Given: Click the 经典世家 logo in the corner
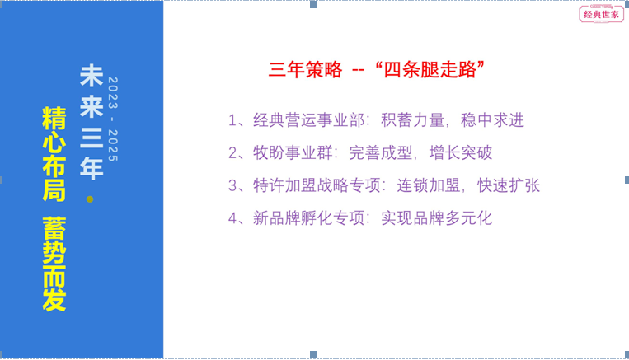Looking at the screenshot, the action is [601, 14].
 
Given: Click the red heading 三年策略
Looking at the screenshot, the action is [306, 70].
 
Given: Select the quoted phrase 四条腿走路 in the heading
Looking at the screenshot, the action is [430, 70].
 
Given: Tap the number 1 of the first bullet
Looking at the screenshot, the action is [232, 120].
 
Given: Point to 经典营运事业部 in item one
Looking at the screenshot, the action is [308, 120].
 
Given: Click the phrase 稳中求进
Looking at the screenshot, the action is [492, 120].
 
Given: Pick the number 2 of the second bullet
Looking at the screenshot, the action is [232, 152].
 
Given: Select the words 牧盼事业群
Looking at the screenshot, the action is [293, 152].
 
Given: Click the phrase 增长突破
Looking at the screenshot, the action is [461, 152].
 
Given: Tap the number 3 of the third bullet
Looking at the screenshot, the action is [232, 185].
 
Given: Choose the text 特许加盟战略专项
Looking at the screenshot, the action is [317, 185].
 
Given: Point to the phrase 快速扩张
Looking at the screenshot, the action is [509, 185].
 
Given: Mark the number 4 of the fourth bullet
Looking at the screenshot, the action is [232, 218].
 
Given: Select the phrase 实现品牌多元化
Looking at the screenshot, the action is [436, 218].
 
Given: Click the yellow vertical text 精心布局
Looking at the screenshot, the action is [54, 154].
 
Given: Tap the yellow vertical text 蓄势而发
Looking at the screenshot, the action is [54, 264].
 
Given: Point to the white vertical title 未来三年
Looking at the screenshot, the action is [92, 121].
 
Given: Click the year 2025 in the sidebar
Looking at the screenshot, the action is [113, 145].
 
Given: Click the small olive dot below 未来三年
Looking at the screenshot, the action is [90, 199].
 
